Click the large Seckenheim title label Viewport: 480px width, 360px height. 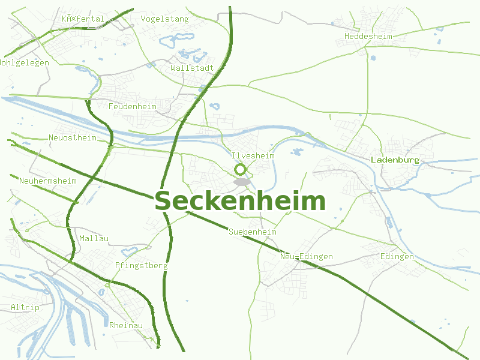coord(240,202)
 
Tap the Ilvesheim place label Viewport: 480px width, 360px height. coord(253,156)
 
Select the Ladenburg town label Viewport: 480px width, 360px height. coord(395,160)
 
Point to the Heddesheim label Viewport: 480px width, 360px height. coord(368,37)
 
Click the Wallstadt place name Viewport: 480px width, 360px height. coord(192,68)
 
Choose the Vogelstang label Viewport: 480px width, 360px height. coord(164,19)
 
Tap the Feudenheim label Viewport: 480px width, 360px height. coord(132,107)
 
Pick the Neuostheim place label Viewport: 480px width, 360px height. coord(72,138)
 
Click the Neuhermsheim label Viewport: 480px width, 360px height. coord(47,181)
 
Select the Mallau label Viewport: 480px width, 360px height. coord(94,239)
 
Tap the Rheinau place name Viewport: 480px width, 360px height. coord(126,325)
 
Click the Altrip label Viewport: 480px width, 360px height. coord(25,308)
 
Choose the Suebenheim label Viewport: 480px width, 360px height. coord(252,232)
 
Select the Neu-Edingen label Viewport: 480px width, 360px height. coord(306,257)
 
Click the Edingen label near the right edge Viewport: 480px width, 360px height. coord(397,257)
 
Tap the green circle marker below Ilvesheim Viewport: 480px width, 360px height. coord(241,170)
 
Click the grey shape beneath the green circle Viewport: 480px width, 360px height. coord(242,181)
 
